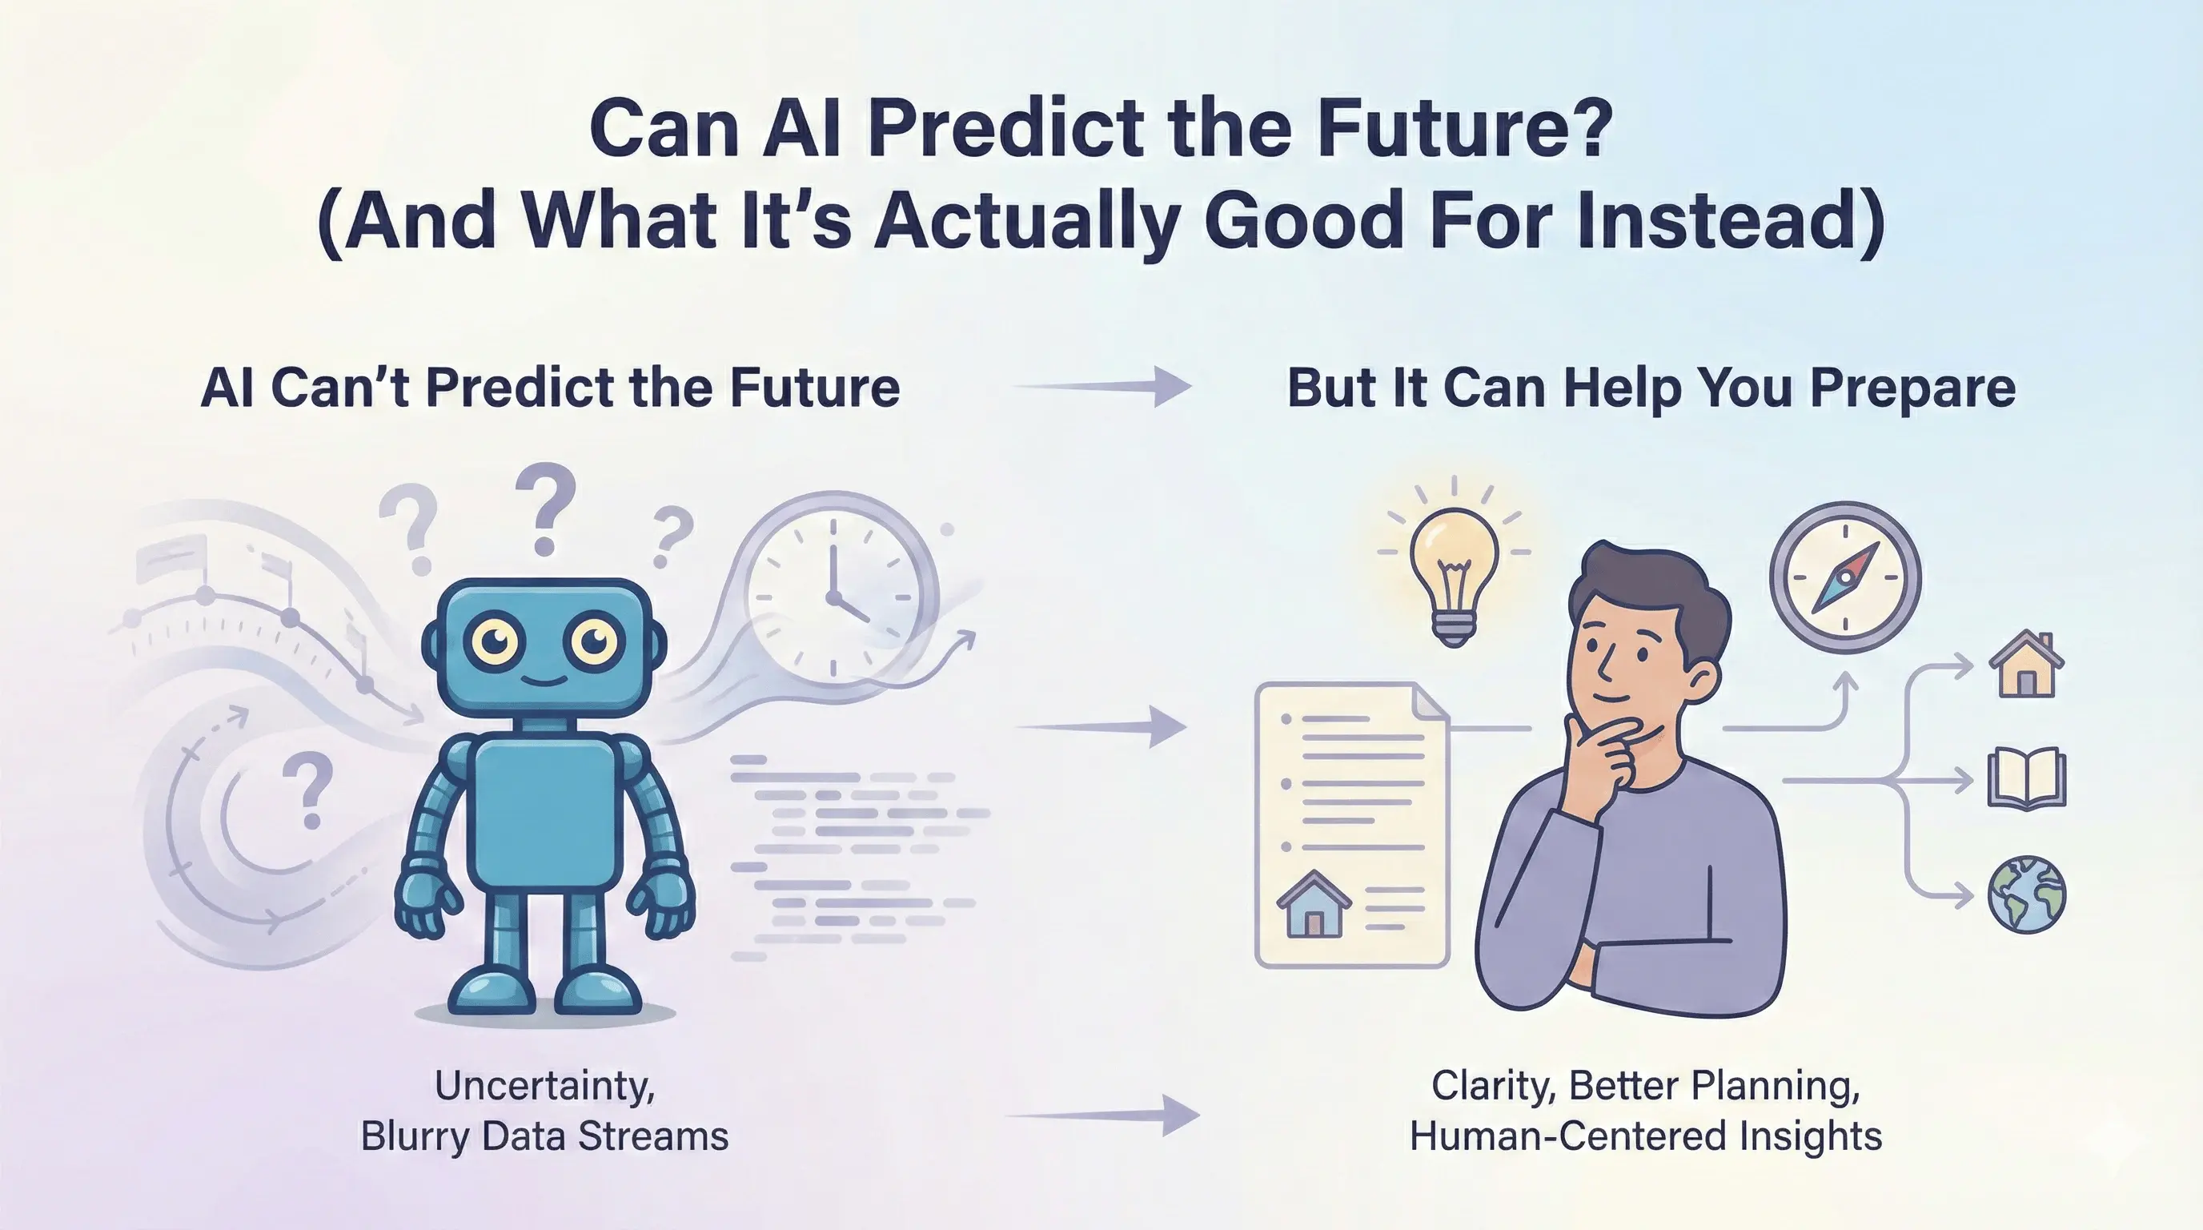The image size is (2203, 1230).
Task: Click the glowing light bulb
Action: (x=1453, y=565)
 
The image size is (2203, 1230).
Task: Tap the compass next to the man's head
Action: (x=1844, y=578)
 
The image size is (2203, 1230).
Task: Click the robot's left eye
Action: (x=496, y=640)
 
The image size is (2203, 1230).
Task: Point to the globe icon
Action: (x=2026, y=894)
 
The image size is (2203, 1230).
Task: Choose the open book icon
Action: (x=2026, y=778)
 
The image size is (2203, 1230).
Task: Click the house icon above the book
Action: (x=2026, y=664)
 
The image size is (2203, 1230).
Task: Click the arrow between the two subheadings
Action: (x=1103, y=387)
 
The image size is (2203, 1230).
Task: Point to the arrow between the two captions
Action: (x=1103, y=1115)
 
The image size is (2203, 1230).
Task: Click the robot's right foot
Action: (x=599, y=992)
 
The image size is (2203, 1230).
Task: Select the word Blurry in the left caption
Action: (x=414, y=1137)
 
